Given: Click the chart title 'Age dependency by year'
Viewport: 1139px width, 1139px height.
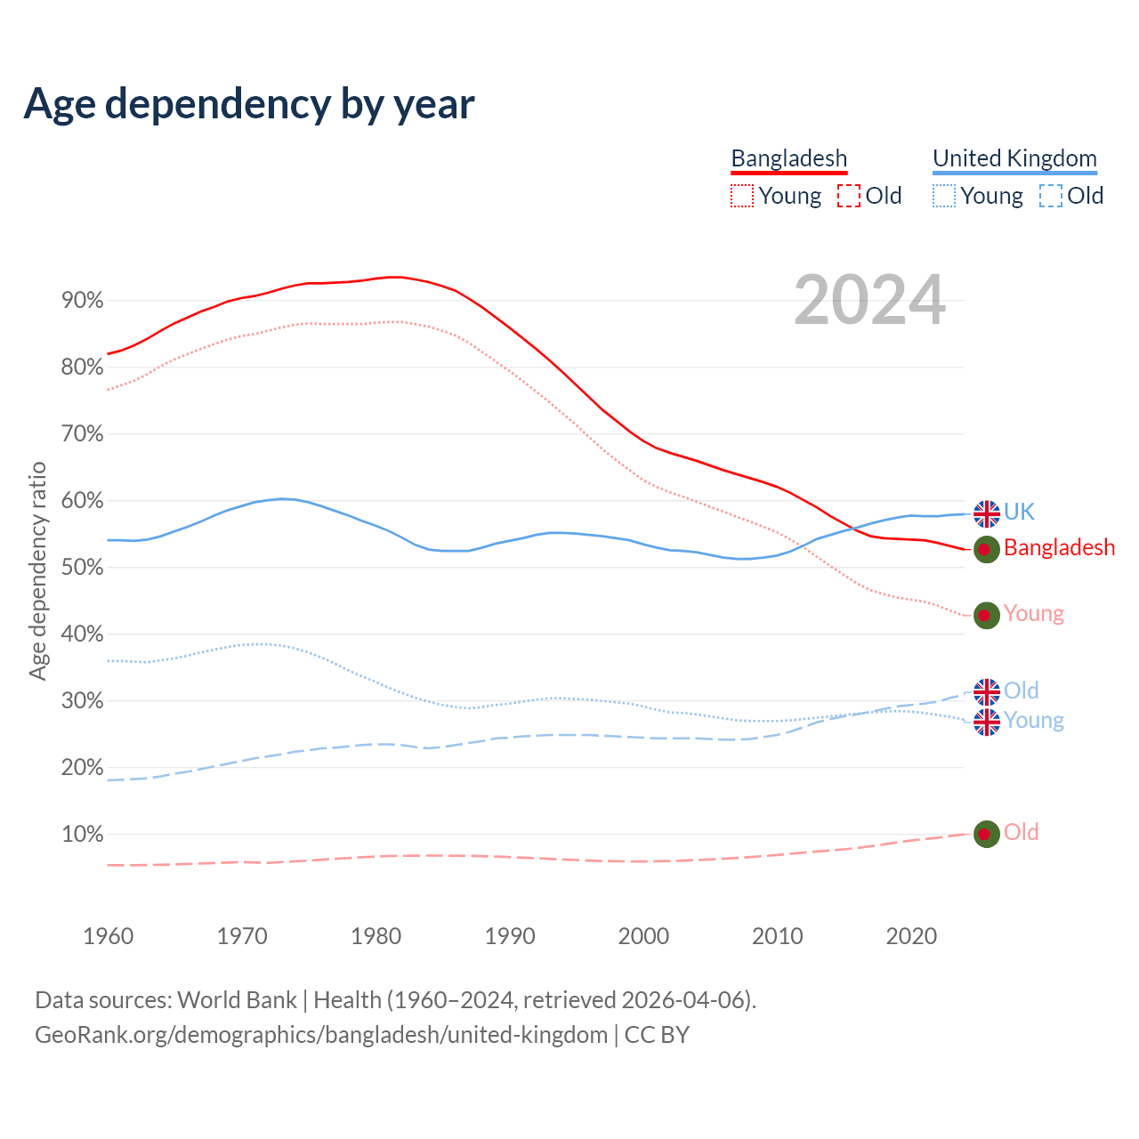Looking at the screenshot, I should (249, 104).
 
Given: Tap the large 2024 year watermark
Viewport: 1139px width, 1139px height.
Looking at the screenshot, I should (869, 301).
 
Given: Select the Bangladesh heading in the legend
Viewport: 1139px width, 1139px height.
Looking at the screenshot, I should (788, 158).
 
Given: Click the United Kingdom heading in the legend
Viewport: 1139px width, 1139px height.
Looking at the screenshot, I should (1014, 158).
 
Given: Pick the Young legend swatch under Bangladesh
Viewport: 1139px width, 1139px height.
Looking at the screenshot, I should (741, 196).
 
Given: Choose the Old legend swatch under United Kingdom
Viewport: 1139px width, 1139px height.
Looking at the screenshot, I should (1050, 196).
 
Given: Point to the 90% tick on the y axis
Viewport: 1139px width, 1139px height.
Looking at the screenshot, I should (82, 301).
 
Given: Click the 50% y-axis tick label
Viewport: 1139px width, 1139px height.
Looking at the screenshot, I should (82, 568).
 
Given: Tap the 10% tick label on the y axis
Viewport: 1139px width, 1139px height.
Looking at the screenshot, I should (82, 835).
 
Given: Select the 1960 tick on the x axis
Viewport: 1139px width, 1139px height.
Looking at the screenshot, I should (108, 936).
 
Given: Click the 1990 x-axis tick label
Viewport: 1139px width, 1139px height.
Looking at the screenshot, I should (510, 936).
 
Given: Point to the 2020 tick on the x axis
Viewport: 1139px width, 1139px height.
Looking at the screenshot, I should (911, 936).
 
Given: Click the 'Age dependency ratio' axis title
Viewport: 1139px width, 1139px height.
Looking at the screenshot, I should (37, 570).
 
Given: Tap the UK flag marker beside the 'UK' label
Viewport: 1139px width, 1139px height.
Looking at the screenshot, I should (986, 513).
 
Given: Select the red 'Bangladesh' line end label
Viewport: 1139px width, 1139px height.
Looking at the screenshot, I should (1059, 548).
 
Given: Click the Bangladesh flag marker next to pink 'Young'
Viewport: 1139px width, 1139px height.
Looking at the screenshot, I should (986, 615).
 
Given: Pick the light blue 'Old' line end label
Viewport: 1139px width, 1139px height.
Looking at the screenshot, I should (1021, 691).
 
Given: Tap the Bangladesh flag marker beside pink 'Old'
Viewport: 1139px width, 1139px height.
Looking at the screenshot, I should (986, 834).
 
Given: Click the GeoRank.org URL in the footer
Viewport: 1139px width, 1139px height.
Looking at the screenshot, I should (321, 1035).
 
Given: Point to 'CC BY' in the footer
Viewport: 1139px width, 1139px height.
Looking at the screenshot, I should (657, 1035).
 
